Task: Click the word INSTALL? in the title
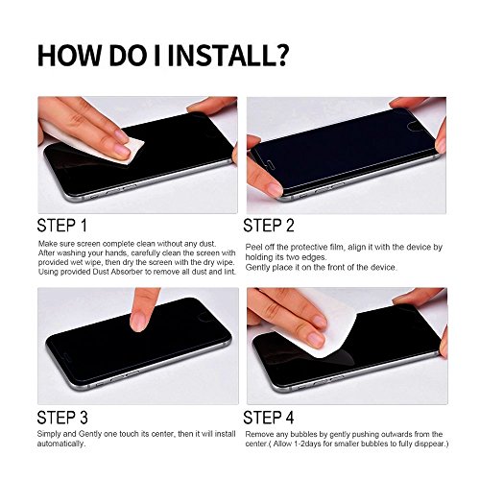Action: click(228, 56)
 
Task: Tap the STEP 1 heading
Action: click(62, 226)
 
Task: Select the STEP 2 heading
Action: click(269, 226)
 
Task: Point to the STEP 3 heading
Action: click(62, 418)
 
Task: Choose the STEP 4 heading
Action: click(269, 418)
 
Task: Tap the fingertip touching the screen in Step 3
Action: click(139, 321)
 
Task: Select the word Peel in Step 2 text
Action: click(252, 248)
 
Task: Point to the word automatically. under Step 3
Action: click(61, 444)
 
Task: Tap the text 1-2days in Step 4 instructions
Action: click(313, 444)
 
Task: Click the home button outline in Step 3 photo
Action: click(204, 317)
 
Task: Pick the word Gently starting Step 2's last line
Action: click(255, 267)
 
